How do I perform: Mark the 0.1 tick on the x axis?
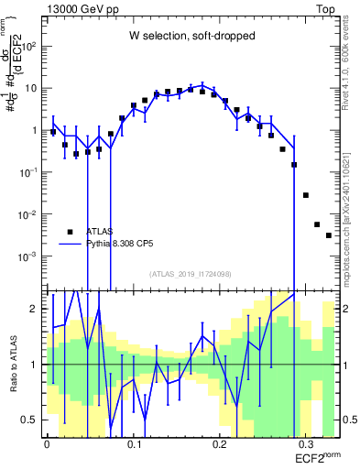click(x=134, y=442)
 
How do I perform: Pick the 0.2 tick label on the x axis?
click(x=220, y=442)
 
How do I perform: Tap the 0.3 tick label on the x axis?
click(x=306, y=442)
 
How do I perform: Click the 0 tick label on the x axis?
click(x=48, y=442)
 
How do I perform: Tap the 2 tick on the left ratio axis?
click(x=37, y=309)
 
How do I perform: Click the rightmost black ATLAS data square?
click(x=328, y=235)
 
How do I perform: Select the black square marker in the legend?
click(x=70, y=232)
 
